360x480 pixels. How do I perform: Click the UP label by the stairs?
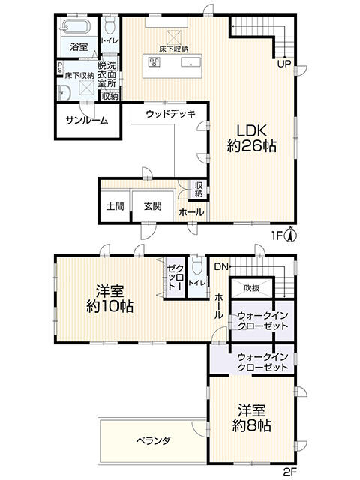coord(286,64)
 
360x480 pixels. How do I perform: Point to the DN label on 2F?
coord(221,267)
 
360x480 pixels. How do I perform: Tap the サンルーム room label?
coord(86,121)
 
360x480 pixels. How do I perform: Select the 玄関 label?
coord(152,206)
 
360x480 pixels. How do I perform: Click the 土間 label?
coord(114,206)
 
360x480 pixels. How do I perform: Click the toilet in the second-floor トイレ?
coord(197,267)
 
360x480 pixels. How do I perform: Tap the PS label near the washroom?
coord(60,67)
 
